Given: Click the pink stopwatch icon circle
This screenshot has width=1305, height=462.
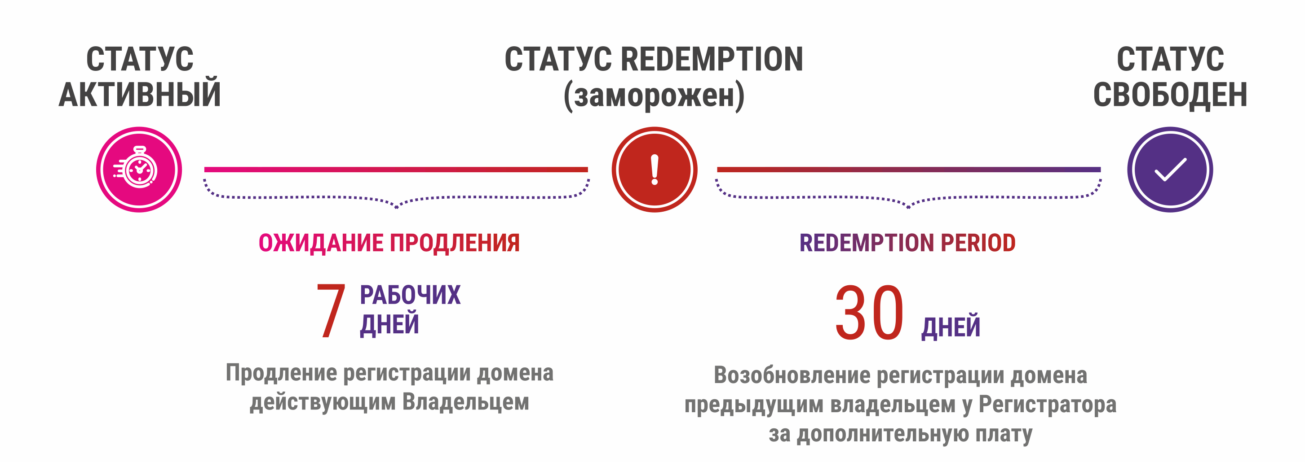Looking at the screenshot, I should pyautogui.click(x=139, y=170).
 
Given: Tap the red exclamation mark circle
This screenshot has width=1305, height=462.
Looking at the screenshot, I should pyautogui.click(x=654, y=170).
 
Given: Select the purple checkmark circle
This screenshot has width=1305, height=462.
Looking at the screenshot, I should pyautogui.click(x=1170, y=170).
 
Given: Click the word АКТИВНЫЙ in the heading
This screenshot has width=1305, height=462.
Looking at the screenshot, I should pyautogui.click(x=140, y=95).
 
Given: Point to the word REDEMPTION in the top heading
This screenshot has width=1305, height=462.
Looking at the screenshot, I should pyautogui.click(x=712, y=59).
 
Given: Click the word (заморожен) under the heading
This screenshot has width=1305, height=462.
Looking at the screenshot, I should pyautogui.click(x=654, y=95).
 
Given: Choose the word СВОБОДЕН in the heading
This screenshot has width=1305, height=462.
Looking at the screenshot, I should pyautogui.click(x=1170, y=95).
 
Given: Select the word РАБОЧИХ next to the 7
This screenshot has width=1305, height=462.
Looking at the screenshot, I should pyautogui.click(x=410, y=295).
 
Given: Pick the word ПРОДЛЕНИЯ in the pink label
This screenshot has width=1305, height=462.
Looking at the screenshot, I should pyautogui.click(x=455, y=243).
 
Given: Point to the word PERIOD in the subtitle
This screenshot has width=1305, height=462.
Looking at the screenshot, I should pyautogui.click(x=978, y=243).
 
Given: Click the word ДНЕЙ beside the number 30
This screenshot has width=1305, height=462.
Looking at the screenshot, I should pyautogui.click(x=951, y=327).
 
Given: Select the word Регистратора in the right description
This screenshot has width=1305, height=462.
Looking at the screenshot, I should pyautogui.click(x=1047, y=404).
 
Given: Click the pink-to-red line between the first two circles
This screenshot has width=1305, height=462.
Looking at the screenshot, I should pyautogui.click(x=396, y=170).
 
